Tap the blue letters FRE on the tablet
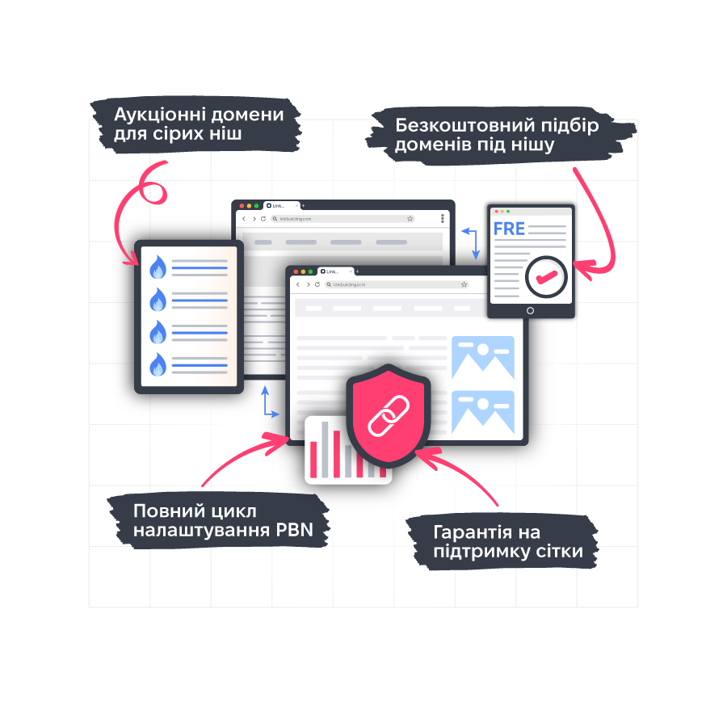tap(509, 229)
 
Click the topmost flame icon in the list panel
tap(158, 267)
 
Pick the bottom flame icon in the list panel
tap(158, 364)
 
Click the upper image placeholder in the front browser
tap(482, 357)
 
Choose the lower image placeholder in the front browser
tap(482, 411)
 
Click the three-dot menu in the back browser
tap(443, 218)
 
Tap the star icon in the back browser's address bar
tap(410, 218)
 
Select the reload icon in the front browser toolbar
tap(317, 284)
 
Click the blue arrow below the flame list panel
tap(267, 403)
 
